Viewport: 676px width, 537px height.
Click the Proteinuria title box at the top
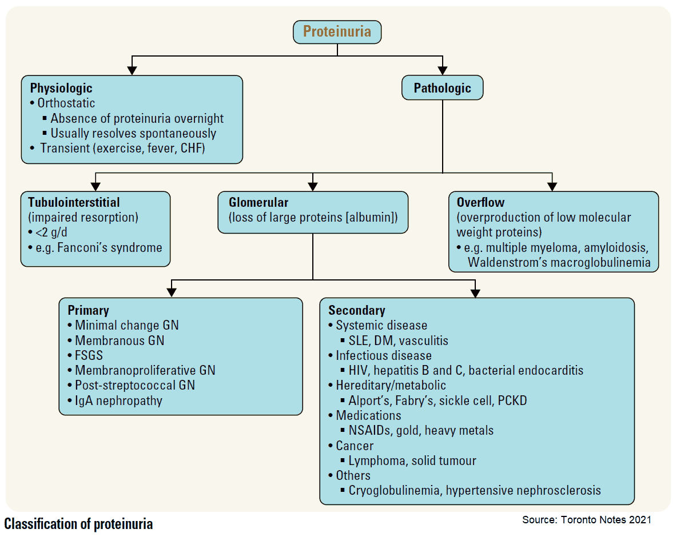point(337,31)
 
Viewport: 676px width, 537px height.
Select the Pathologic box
point(442,88)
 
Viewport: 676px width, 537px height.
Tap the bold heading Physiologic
point(61,89)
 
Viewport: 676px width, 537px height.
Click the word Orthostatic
point(66,103)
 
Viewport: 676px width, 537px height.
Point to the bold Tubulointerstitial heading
point(74,202)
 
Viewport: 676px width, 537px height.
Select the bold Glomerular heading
point(259,202)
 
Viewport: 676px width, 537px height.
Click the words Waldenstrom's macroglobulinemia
point(559,263)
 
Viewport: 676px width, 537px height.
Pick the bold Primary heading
point(88,310)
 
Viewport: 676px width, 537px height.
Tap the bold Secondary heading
point(356,310)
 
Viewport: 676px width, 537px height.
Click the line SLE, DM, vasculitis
point(398,340)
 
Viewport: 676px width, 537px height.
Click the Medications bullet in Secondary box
point(368,415)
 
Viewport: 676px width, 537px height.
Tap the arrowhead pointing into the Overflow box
point(552,186)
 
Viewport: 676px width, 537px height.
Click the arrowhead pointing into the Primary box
point(172,292)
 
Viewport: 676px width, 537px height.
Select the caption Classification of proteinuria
point(78,523)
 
